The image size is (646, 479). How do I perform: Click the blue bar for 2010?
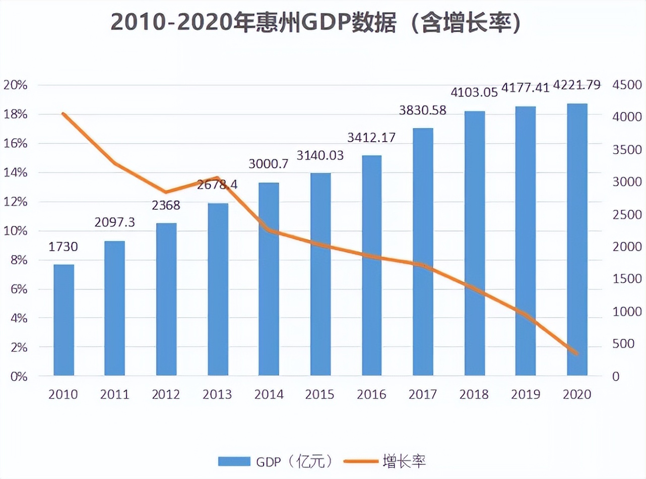click(x=64, y=320)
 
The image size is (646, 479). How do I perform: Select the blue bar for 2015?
click(x=320, y=275)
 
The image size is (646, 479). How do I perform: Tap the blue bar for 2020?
click(x=577, y=240)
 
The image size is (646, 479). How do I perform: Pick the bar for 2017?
click(x=423, y=252)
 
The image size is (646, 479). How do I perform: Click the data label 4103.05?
click(x=474, y=92)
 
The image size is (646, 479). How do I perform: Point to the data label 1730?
click(x=64, y=247)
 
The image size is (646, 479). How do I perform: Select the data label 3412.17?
click(x=371, y=137)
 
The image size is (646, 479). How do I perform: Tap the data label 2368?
click(x=166, y=206)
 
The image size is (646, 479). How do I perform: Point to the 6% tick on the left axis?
click(x=17, y=289)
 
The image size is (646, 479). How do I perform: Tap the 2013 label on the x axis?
click(x=217, y=394)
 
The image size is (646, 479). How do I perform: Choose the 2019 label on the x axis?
click(x=525, y=394)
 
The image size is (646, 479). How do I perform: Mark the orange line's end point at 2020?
click(x=577, y=353)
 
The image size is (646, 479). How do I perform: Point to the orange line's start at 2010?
click(x=63, y=114)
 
